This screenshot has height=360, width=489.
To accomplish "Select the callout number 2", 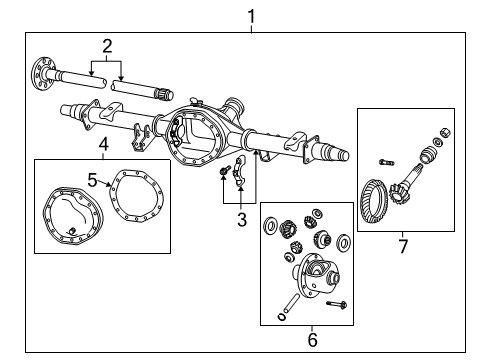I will pos(105,45).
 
